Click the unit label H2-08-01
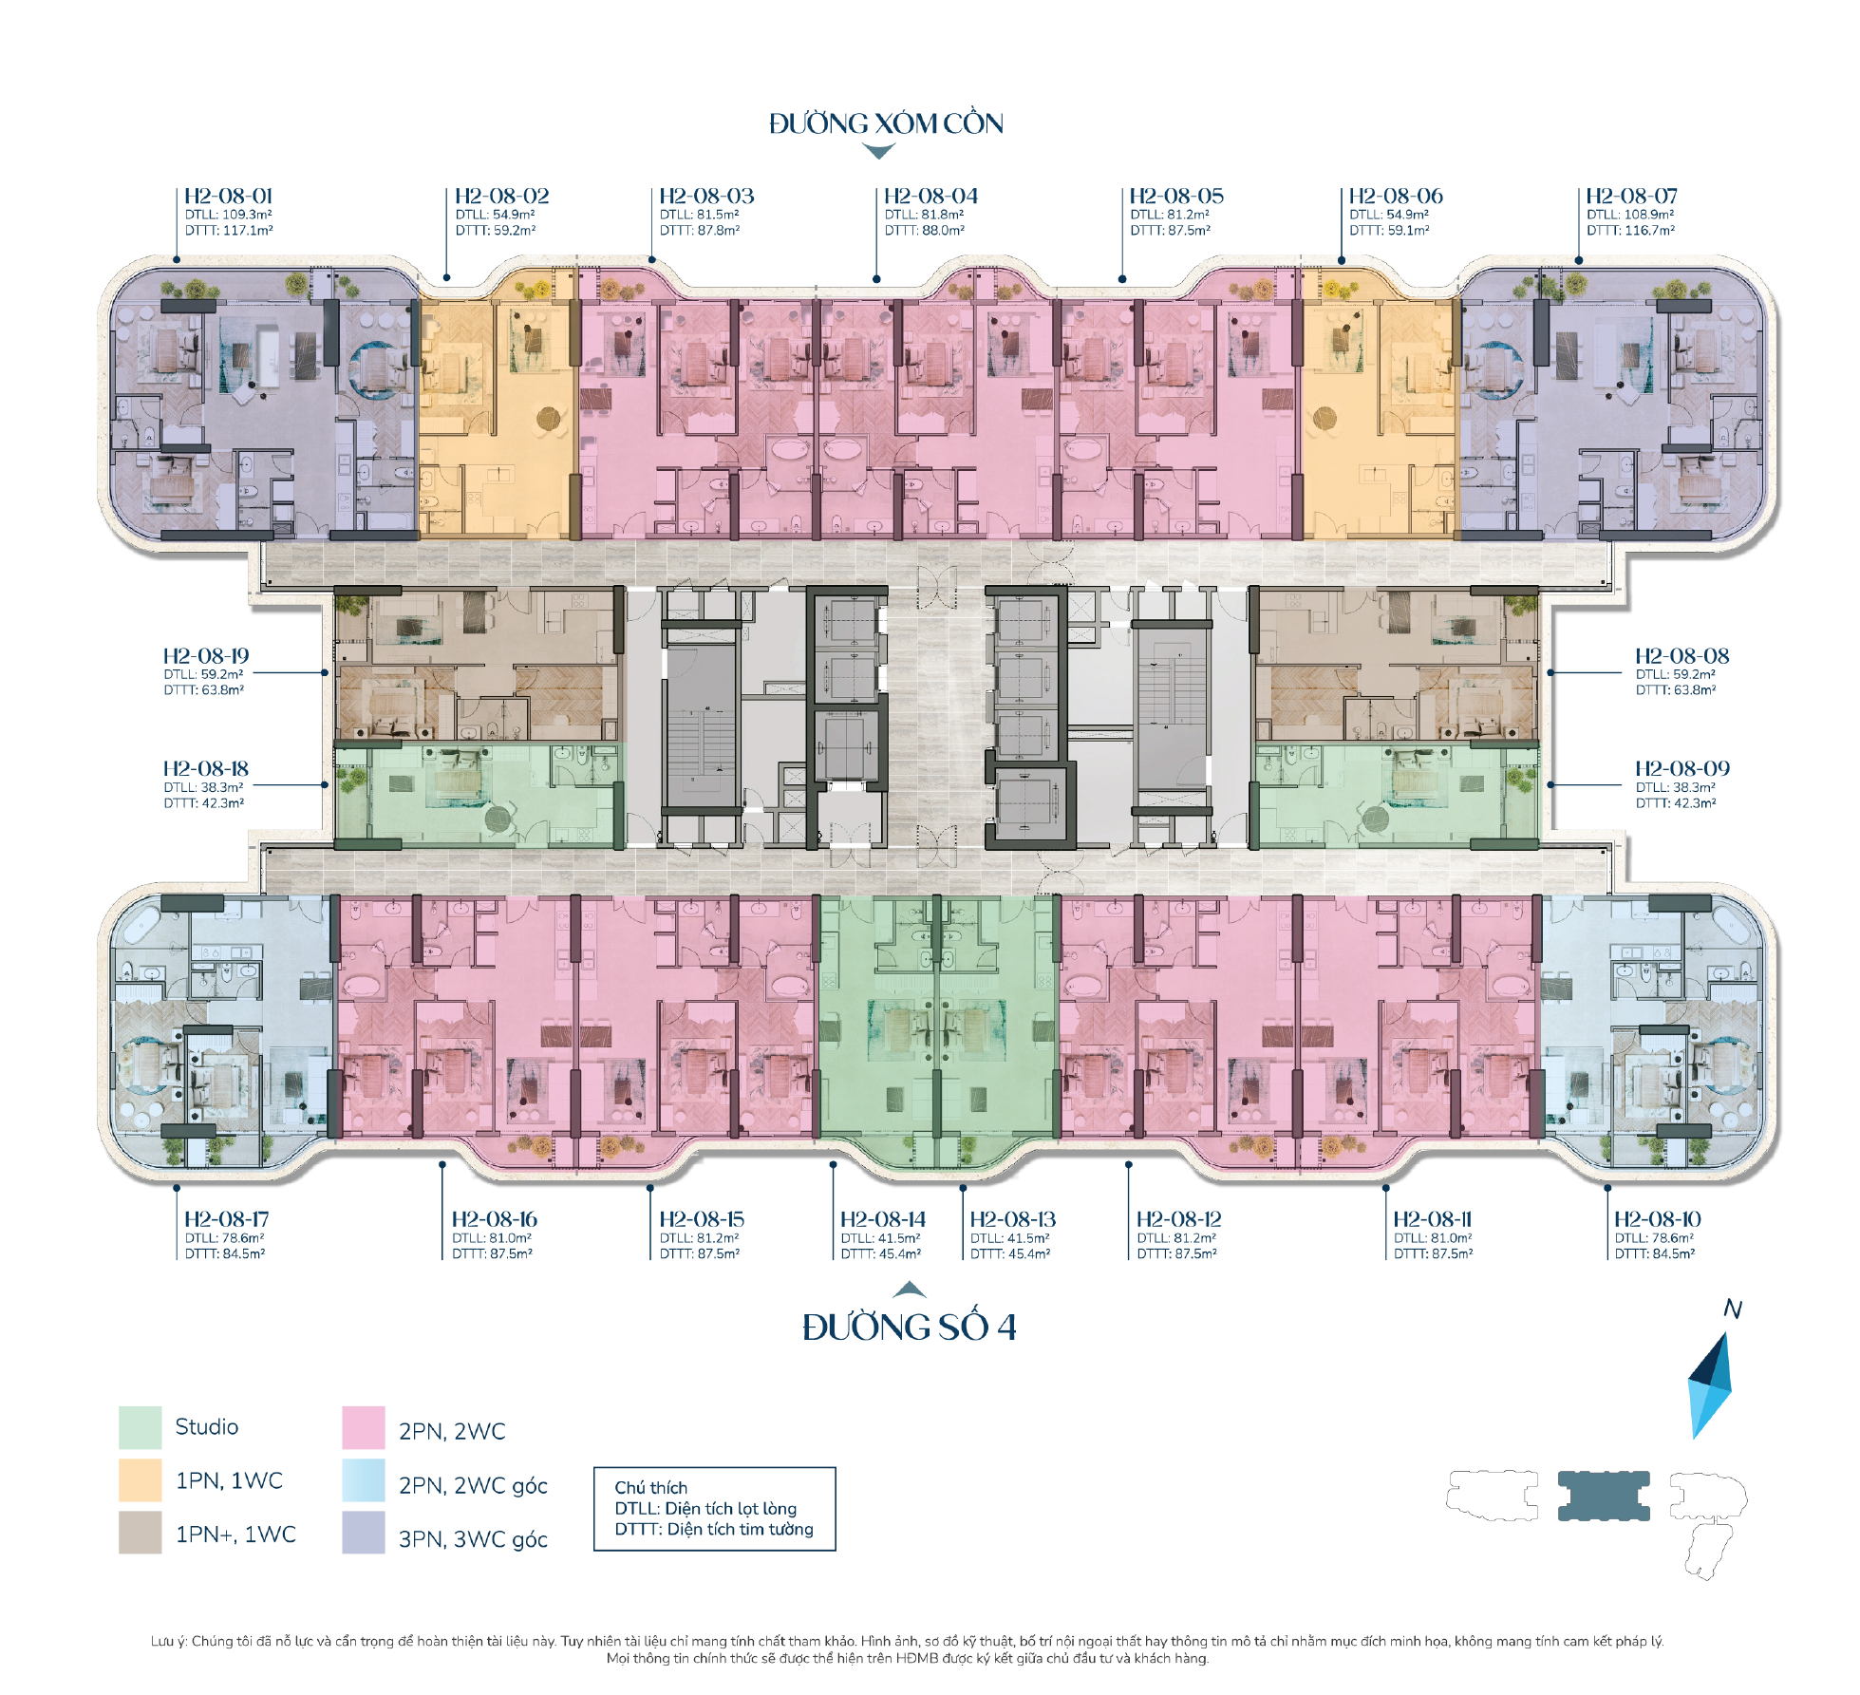pyautogui.click(x=228, y=196)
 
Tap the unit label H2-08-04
pyautogui.click(x=930, y=196)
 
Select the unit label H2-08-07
pyautogui.click(x=1631, y=196)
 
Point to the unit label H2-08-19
pyautogui.click(x=206, y=655)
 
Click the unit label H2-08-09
pyautogui.click(x=1682, y=768)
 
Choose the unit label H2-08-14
pyautogui.click(x=883, y=1218)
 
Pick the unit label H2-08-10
pyautogui.click(x=1658, y=1218)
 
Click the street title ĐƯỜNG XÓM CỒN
pyautogui.click(x=886, y=123)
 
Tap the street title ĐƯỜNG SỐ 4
pyautogui.click(x=909, y=1327)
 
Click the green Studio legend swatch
pyautogui.click(x=140, y=1427)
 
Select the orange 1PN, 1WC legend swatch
pyautogui.click(x=140, y=1480)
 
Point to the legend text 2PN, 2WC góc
pyautogui.click(x=473, y=1486)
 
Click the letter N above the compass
pyautogui.click(x=1733, y=1309)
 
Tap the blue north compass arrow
pyautogui.click(x=1710, y=1385)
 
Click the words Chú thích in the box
pyautogui.click(x=650, y=1488)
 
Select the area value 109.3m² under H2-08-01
pyautogui.click(x=247, y=215)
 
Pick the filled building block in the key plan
pyautogui.click(x=1604, y=1496)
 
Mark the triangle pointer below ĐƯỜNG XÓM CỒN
pyautogui.click(x=879, y=151)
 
